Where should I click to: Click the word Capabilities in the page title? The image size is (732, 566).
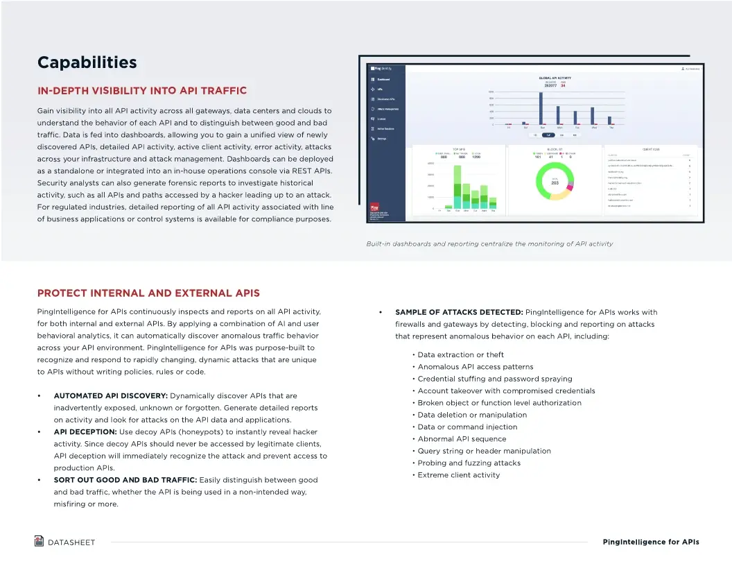[87, 62]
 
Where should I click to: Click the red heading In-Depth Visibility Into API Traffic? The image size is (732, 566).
[141, 91]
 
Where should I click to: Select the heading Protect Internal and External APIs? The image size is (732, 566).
[148, 293]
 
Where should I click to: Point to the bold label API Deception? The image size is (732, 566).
[85, 432]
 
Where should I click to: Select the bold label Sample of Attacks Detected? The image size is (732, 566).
[459, 312]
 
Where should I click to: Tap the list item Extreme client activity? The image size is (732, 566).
[458, 475]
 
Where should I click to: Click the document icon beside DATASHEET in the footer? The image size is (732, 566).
[40, 541]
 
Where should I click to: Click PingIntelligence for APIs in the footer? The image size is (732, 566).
[650, 542]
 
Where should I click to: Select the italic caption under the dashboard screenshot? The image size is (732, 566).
[489, 244]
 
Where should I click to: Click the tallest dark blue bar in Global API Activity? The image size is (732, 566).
[541, 108]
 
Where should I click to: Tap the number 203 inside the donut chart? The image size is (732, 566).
[555, 183]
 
